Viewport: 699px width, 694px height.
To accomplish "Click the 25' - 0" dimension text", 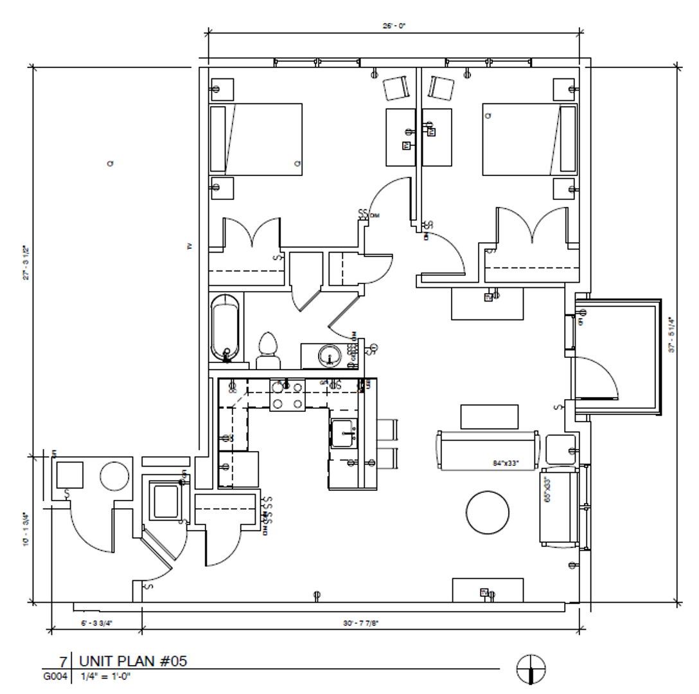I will pyautogui.click(x=394, y=26).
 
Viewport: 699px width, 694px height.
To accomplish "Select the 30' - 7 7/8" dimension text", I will pyautogui.click(x=360, y=623).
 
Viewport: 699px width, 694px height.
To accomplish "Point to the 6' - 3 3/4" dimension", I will pyautogui.click(x=96, y=623).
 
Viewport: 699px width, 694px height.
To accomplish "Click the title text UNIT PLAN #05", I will pyautogui.click(x=133, y=661).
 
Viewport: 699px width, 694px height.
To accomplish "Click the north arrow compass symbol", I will pyautogui.click(x=531, y=669).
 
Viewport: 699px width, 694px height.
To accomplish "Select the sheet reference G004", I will pyautogui.click(x=55, y=676).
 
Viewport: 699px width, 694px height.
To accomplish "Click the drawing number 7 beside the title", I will pyautogui.click(x=63, y=661).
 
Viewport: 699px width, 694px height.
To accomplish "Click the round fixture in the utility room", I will pyautogui.click(x=115, y=476).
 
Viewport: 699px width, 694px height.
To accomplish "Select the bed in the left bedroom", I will pyautogui.click(x=256, y=139).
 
